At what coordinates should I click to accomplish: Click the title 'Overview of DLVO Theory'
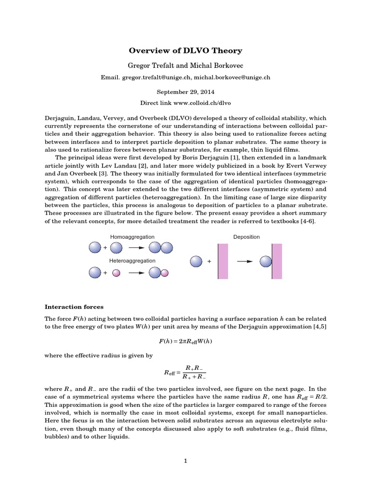tap(185, 51)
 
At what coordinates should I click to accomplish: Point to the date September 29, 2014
tap(185, 91)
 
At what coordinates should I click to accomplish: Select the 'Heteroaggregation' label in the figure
tap(132, 260)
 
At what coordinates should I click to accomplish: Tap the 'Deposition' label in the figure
tap(246, 237)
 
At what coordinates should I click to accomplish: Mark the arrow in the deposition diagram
tap(246, 261)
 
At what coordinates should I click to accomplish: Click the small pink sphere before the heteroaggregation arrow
tap(116, 273)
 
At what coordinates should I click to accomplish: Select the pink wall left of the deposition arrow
tap(223, 261)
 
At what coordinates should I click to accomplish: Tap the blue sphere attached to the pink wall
tap(266, 261)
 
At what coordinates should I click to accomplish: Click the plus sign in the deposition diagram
tap(209, 261)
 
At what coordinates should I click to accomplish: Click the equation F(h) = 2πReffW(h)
tap(185, 341)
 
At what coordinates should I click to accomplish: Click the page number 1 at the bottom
tap(185, 461)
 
